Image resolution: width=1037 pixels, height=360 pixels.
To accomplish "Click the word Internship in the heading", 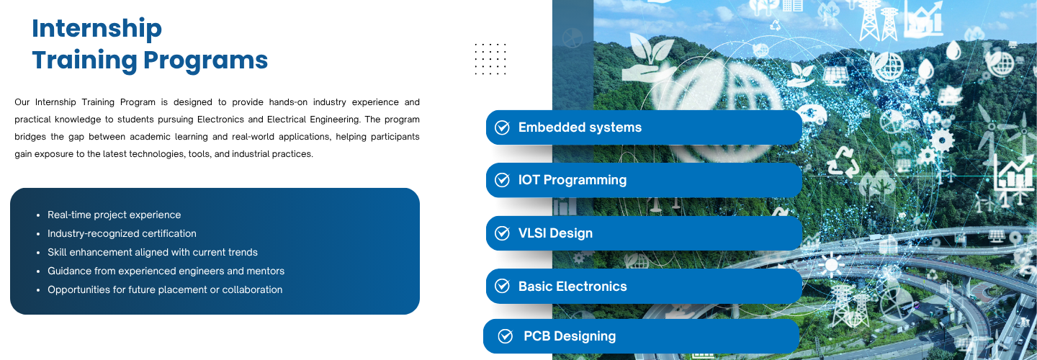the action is coord(96,29).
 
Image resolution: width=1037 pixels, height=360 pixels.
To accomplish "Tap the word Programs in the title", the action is coord(205,61).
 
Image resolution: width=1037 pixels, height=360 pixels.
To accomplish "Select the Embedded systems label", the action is coord(580,127).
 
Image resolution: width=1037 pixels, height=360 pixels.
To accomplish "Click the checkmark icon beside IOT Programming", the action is coord(502,180).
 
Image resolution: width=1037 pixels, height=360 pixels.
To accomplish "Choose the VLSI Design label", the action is coord(555,233).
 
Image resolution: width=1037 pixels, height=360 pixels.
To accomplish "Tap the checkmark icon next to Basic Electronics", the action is coord(502,286).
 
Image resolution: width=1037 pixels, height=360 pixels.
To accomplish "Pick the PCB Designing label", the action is coord(570,336).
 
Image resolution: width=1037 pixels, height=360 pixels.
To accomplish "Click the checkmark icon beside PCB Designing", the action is coord(505,336).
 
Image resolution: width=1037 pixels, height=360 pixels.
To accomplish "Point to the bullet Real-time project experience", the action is coord(114,215).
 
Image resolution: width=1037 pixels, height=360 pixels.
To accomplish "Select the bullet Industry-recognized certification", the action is coord(122,234).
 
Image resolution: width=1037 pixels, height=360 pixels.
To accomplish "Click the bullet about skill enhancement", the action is coord(153,252).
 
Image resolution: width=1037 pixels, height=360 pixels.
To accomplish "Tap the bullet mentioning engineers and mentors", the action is coord(166,271).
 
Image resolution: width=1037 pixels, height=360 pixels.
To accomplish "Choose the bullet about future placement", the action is coord(165,289).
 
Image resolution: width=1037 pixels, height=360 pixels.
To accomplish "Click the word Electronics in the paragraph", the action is coord(220,120).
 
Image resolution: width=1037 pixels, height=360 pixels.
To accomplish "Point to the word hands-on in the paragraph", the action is coord(288,102).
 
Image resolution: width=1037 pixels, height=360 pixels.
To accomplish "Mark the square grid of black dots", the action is coord(490,59).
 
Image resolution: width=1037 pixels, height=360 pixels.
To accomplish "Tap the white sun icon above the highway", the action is coord(832,265).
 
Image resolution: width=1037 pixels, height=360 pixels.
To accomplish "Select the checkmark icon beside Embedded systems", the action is coord(502,127).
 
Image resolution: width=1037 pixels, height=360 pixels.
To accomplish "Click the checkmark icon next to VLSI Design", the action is coord(502,233).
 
